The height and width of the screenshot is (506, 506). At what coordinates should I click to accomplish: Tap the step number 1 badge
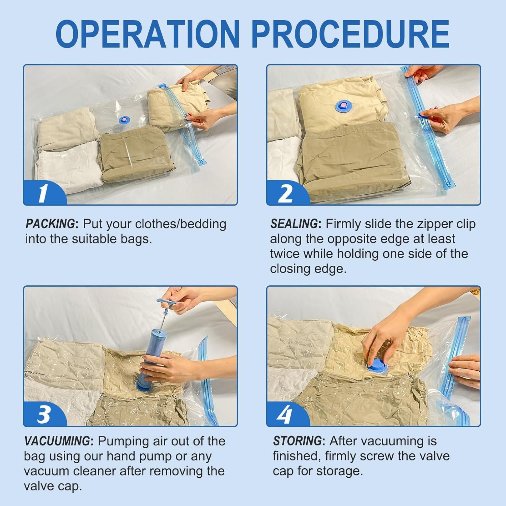pyautogui.click(x=43, y=194)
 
